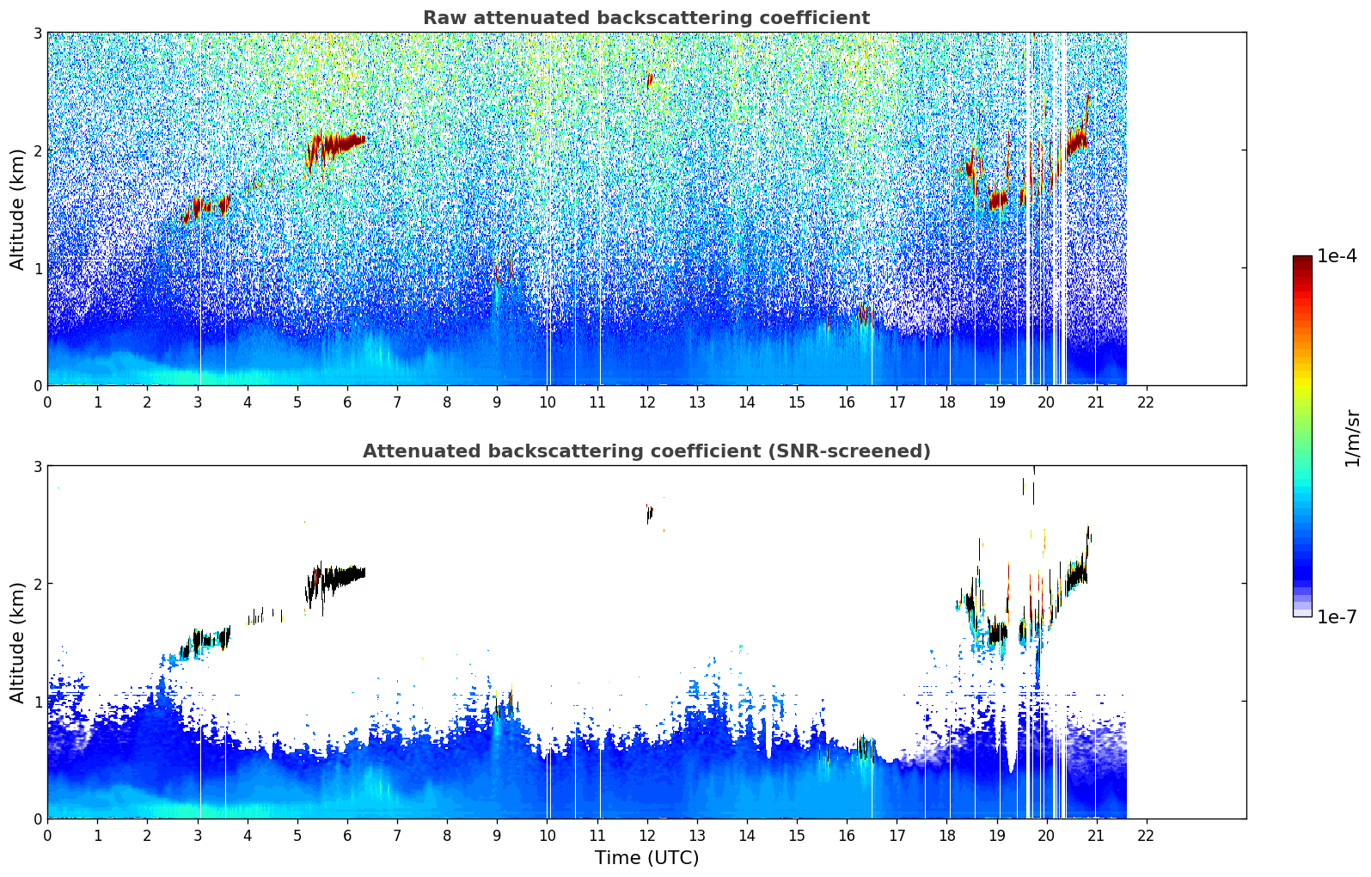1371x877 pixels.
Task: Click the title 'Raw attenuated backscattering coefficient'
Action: tap(646, 18)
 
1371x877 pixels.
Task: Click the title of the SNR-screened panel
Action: tap(646, 451)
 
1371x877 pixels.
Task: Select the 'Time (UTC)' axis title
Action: tap(646, 858)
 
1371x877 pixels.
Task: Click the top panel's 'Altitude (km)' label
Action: tap(17, 209)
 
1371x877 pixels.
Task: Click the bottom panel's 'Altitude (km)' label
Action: tap(17, 642)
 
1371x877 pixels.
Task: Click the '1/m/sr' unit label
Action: tap(1352, 438)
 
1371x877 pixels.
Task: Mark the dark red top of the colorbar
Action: tap(1302, 261)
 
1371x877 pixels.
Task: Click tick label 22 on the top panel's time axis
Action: tap(1145, 402)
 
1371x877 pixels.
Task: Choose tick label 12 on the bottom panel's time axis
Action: tap(646, 835)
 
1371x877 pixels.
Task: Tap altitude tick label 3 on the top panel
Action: tap(38, 34)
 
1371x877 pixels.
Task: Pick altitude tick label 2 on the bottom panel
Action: tap(38, 584)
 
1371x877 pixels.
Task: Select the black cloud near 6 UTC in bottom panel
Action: tap(340, 575)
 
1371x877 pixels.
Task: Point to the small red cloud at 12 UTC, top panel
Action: tap(650, 80)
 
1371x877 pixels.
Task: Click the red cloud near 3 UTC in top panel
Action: tap(205, 206)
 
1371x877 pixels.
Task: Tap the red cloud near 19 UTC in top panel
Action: tap(997, 200)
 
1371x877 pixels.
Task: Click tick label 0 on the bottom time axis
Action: tap(47, 835)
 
